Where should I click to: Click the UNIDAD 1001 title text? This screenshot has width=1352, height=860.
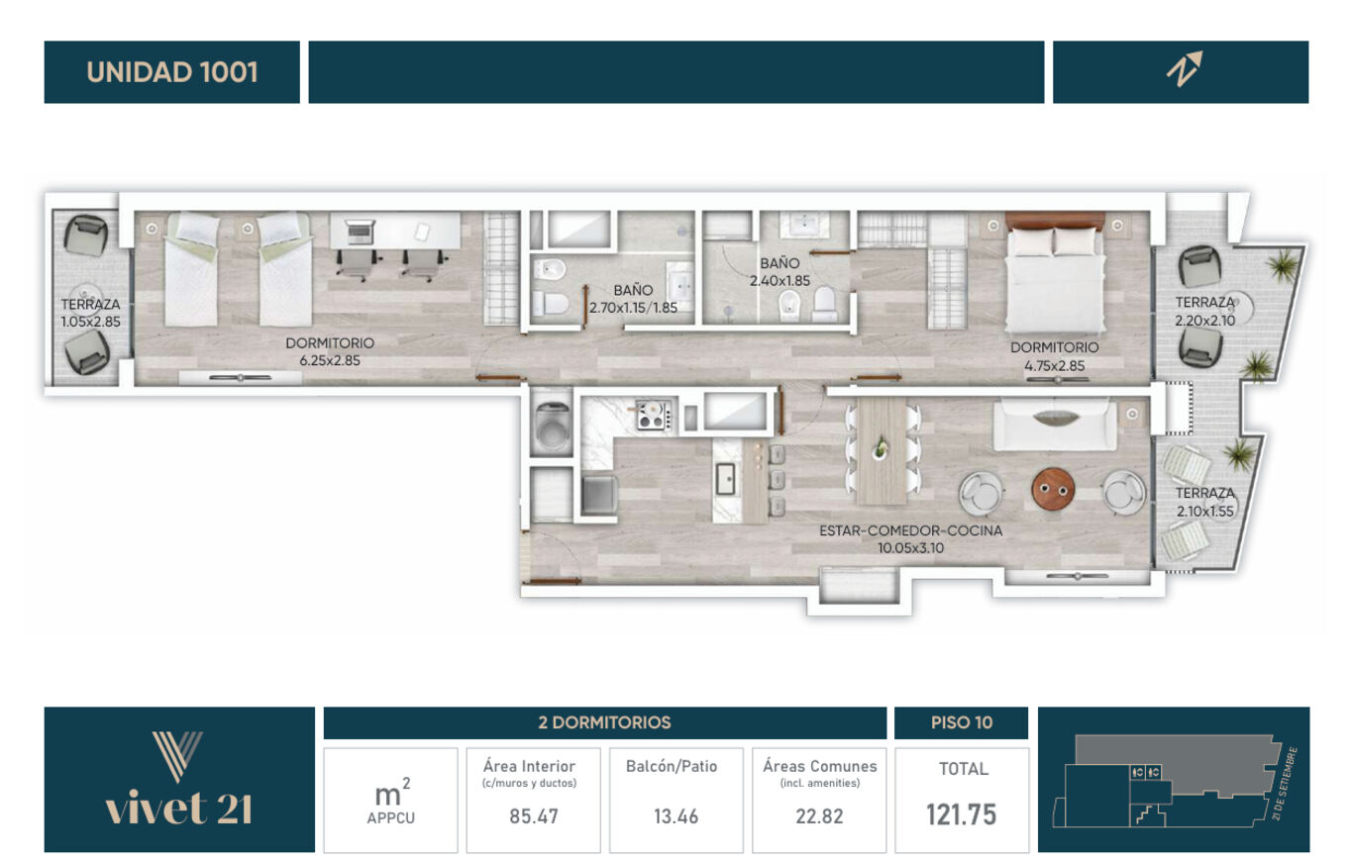172,72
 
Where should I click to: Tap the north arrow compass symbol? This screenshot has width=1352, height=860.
1184,69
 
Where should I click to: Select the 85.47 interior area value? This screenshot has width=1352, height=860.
534,816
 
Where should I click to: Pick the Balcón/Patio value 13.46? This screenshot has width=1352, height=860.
676,816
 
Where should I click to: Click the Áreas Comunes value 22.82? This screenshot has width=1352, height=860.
819,816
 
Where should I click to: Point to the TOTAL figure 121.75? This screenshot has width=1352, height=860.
962,814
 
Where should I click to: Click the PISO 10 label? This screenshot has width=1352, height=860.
962,722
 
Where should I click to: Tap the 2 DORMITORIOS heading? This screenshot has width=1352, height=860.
604,722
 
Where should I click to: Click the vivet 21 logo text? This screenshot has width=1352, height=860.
178,809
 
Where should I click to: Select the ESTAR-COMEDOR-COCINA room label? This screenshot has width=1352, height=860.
911,530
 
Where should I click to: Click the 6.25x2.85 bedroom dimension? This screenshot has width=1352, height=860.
330,360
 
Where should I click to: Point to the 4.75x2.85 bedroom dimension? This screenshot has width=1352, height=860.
1055,365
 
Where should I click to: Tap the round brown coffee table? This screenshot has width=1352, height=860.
1053,489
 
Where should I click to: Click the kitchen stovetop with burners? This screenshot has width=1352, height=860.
654,416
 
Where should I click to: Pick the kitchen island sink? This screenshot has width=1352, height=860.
725,479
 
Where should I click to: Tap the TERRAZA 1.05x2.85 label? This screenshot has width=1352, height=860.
90,313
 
